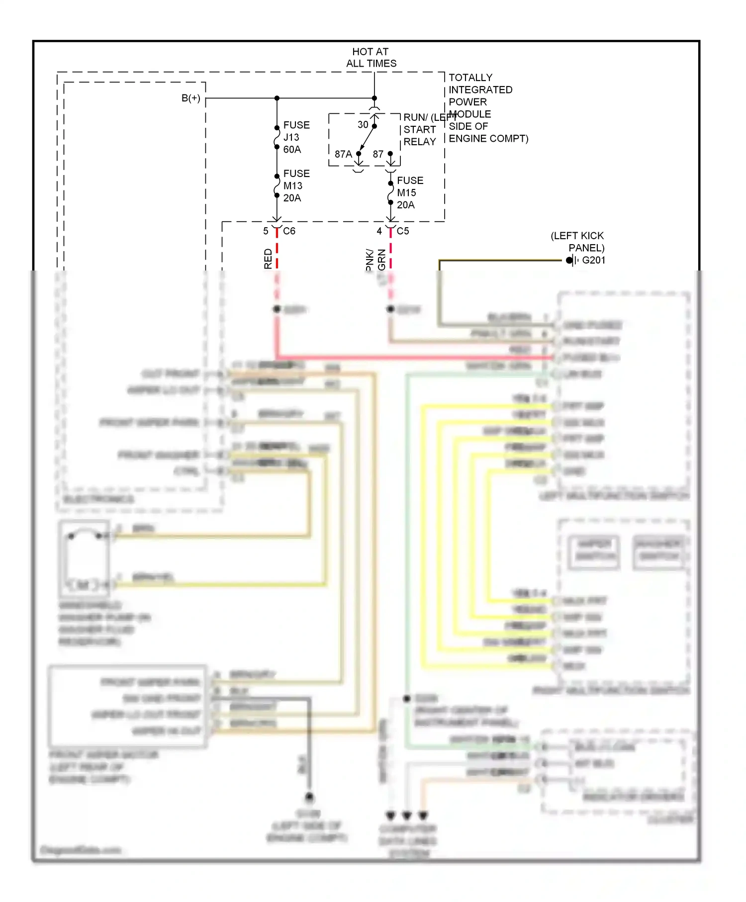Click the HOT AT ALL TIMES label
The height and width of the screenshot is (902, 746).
pos(371,57)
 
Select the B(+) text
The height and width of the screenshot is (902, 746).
pos(191,98)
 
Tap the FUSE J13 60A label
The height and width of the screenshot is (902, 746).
pos(296,137)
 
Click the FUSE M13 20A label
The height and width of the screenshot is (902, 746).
pos(296,185)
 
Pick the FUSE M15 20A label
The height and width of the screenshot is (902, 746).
pos(409,192)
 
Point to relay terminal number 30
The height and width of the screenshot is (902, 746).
pos(363,125)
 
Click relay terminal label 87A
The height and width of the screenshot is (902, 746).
pos(343,154)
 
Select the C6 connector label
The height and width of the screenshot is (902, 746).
pos(289,231)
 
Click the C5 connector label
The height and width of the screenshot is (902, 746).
pos(402,231)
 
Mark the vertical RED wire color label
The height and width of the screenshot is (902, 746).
pos(268,259)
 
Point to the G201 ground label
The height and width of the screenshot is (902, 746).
pos(593,260)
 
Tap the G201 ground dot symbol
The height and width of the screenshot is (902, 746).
pos(569,260)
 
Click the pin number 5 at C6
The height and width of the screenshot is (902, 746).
pos(266,231)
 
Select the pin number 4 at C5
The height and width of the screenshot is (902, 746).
pos(379,231)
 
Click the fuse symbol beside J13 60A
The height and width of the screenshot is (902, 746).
pos(277,137)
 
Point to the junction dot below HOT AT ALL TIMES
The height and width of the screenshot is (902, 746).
pos(374,98)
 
